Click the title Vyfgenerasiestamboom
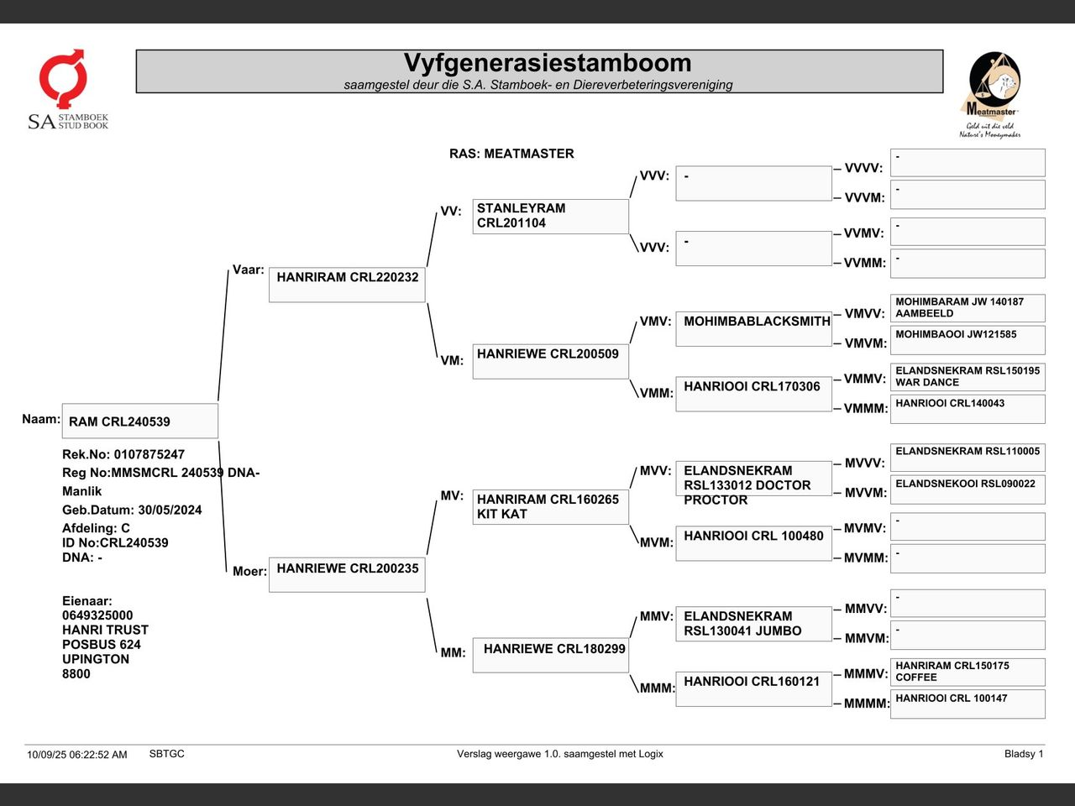point(547,63)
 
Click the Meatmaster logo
point(991,94)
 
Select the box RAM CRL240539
point(139,421)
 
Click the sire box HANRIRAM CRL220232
point(347,285)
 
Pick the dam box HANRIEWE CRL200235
point(347,574)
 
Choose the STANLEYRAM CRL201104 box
point(550,216)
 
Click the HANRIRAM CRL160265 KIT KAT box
point(550,506)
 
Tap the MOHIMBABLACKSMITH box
point(753,327)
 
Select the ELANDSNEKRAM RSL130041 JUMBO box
point(753,623)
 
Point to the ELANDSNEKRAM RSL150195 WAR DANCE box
point(967,376)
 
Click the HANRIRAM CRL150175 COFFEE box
point(967,672)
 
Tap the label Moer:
point(249,572)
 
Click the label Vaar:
point(248,270)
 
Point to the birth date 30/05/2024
point(170,510)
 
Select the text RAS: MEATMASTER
point(511,154)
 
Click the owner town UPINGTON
point(96,659)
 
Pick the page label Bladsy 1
point(1024,754)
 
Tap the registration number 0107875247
point(149,454)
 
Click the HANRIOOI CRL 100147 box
point(967,704)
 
